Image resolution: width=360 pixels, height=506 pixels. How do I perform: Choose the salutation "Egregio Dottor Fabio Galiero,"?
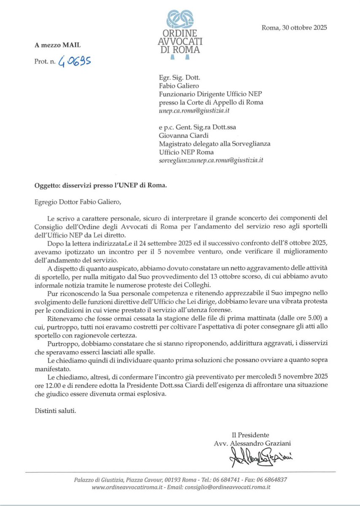click(78, 201)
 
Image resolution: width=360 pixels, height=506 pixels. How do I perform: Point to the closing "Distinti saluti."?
click(56, 410)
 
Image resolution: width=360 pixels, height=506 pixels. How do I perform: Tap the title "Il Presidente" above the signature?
click(250, 435)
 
